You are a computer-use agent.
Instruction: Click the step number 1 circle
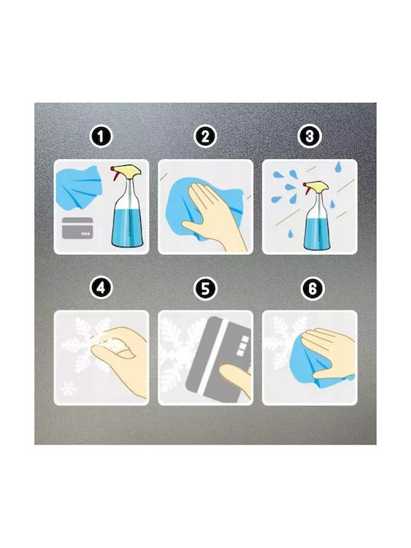click(100, 137)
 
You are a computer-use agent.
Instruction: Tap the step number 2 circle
click(205, 137)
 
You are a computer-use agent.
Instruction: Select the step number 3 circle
click(309, 137)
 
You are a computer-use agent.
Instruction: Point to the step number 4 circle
click(100, 288)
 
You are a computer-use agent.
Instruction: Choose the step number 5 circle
click(205, 288)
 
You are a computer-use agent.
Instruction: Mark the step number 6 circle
click(312, 288)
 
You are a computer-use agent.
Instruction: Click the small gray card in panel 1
click(77, 228)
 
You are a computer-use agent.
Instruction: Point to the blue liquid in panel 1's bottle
click(127, 227)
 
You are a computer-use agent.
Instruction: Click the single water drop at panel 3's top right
click(338, 167)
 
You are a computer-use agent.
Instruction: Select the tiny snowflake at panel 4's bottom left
click(68, 389)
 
